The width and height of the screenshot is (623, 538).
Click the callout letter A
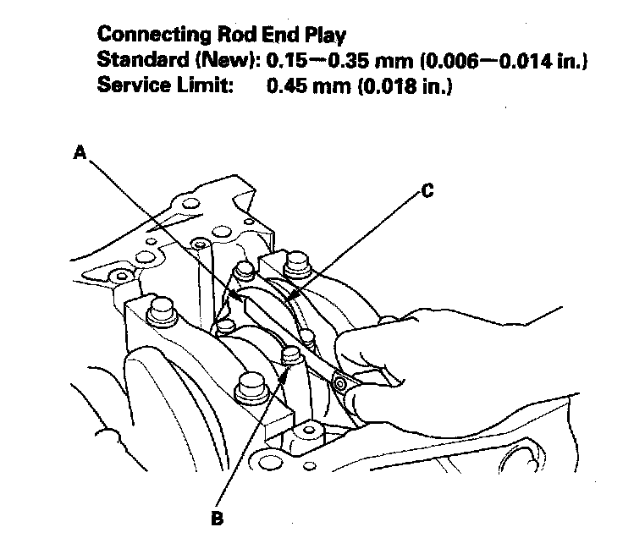pos(80,153)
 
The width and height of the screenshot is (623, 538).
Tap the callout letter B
pos(218,518)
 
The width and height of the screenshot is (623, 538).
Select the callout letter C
pos(427,192)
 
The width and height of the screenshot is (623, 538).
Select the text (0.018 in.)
pos(399,85)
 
